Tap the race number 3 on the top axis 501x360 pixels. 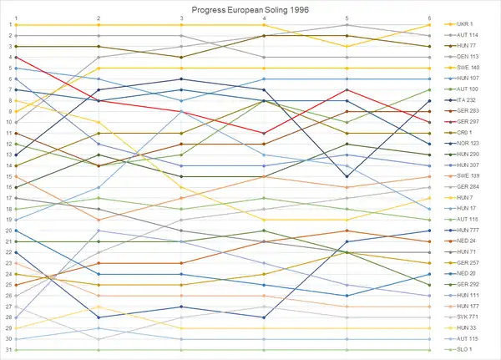(x=182, y=18)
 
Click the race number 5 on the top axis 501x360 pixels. (x=347, y=18)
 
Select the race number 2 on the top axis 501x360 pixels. (x=99, y=18)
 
